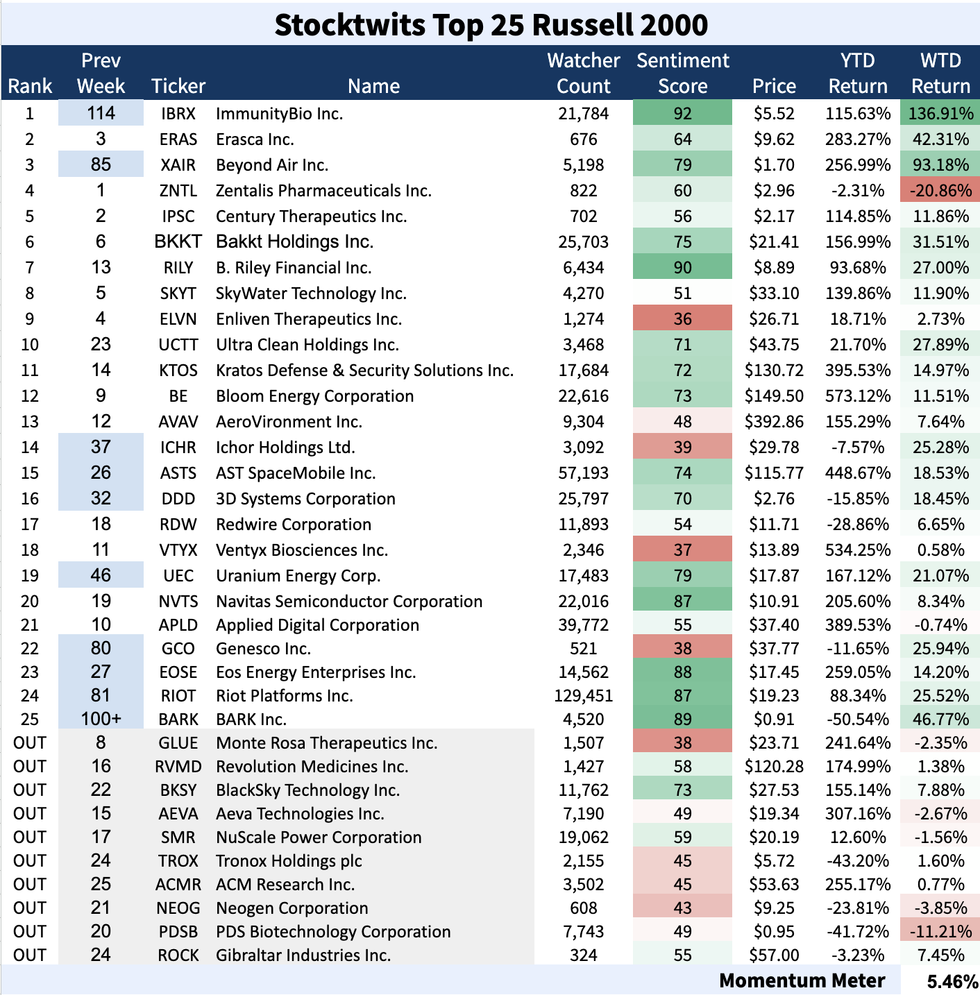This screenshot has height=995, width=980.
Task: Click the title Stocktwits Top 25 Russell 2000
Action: [491, 24]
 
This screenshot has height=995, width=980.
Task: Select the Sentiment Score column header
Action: [682, 73]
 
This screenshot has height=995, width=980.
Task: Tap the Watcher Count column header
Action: [583, 73]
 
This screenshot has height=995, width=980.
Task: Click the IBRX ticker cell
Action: [178, 114]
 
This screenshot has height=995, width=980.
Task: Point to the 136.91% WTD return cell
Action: [940, 114]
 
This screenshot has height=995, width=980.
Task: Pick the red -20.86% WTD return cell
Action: [940, 191]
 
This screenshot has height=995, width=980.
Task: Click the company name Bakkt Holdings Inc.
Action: [294, 242]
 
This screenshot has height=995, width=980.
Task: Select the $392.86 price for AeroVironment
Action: [774, 422]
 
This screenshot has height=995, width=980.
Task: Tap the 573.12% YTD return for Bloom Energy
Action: [858, 396]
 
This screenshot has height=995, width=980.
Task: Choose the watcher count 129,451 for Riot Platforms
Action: [583, 696]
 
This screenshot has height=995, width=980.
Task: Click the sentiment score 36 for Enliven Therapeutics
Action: [682, 319]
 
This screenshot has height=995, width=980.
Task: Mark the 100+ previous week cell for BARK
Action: [101, 720]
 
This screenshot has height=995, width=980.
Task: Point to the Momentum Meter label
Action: [802, 980]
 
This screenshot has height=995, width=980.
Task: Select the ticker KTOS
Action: [178, 371]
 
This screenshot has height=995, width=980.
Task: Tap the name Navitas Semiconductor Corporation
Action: [349, 602]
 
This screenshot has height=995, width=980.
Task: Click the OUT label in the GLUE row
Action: [30, 743]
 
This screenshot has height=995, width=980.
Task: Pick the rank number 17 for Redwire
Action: [30, 525]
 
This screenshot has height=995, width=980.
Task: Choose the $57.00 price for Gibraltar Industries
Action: [774, 955]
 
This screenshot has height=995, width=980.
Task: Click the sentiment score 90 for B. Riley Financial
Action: [682, 268]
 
